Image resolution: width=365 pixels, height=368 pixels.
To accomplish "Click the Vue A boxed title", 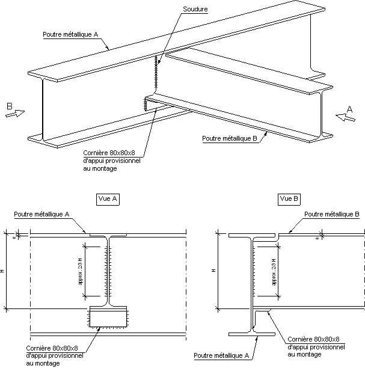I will click(x=108, y=199).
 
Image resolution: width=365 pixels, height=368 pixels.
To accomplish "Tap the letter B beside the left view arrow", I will click(x=10, y=106).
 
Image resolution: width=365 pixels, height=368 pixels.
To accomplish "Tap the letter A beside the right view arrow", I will click(x=349, y=109).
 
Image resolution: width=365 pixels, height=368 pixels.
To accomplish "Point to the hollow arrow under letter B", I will click(x=15, y=114).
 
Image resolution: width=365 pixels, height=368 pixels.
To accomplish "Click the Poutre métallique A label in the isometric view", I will click(x=70, y=34).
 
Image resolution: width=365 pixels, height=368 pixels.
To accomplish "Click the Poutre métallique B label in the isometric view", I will click(x=230, y=138).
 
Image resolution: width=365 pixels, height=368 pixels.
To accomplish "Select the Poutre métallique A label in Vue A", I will click(x=42, y=214).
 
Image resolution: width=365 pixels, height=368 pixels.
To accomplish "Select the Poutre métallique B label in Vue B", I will click(x=332, y=214).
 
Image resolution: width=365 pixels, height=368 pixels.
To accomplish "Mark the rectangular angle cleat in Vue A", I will click(x=108, y=317).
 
